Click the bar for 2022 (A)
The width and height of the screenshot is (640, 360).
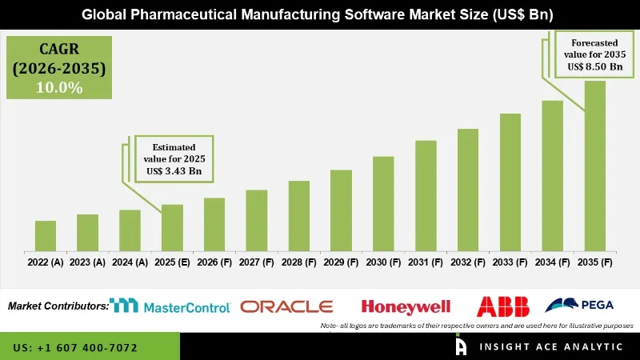(x=46, y=235)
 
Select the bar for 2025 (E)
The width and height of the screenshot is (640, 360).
(x=172, y=227)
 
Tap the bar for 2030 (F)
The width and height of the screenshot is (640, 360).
(x=383, y=203)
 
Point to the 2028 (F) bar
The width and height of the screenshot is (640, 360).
(x=298, y=215)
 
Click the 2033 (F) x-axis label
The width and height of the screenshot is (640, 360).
(x=510, y=262)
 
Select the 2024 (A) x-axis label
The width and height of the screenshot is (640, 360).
(x=130, y=262)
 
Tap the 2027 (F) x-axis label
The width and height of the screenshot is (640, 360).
(x=257, y=262)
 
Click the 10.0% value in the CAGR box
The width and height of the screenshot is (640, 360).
(x=59, y=88)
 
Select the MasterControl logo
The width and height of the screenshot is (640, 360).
(x=170, y=306)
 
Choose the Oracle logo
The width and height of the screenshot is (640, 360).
(x=286, y=306)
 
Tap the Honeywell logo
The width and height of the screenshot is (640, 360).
(x=406, y=306)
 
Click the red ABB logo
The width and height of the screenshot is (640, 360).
(x=498, y=306)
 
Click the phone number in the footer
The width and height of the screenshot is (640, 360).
(x=75, y=348)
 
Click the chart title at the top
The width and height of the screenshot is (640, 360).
(x=320, y=14)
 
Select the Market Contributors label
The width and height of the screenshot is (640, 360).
(x=58, y=306)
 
